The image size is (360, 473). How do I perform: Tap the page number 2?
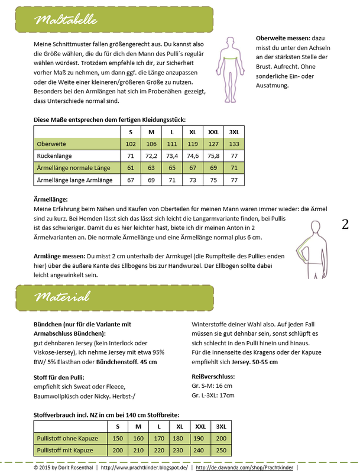click(345, 224)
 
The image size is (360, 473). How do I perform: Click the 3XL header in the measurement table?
click(233, 132)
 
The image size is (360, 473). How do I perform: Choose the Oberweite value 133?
click(233, 144)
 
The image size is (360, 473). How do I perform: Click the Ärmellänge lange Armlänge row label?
click(74, 180)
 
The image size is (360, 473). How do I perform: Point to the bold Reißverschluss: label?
click(213, 376)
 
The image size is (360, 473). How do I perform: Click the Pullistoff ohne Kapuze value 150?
click(118, 438)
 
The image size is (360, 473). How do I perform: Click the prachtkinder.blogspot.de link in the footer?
click(144, 467)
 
